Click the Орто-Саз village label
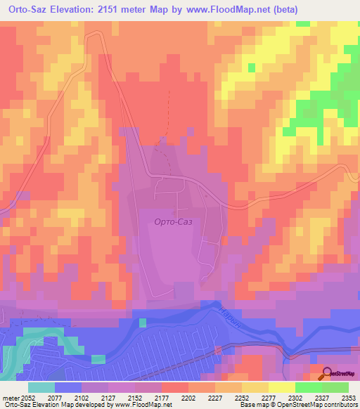(x=173, y=221)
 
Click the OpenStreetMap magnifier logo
(x=328, y=374)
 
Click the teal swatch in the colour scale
(x=41, y=387)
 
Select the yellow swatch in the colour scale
(x=282, y=387)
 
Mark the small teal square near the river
(x=143, y=323)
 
